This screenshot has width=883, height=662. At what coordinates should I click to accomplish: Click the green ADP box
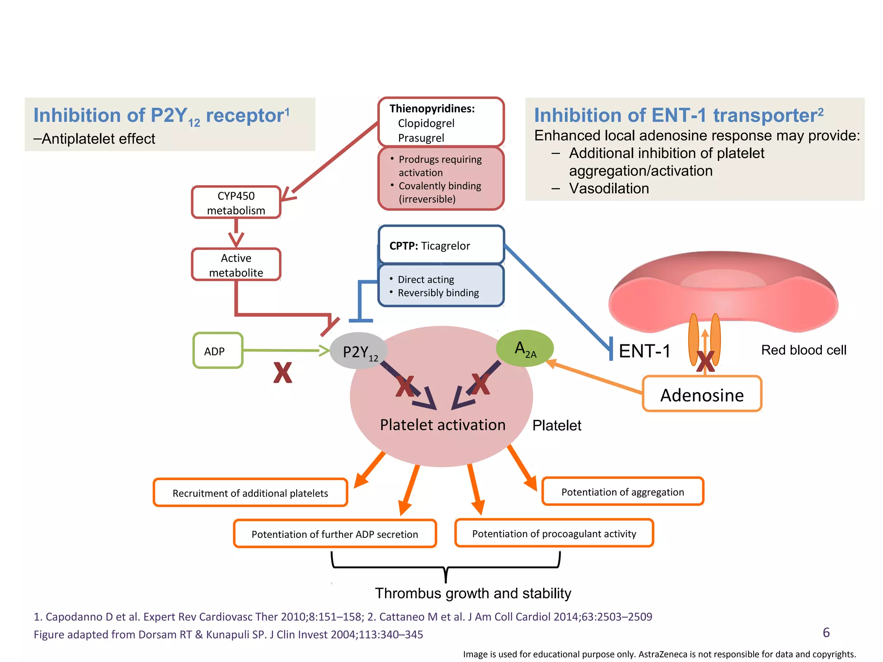click(218, 351)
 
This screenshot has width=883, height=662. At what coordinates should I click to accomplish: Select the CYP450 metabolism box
click(236, 203)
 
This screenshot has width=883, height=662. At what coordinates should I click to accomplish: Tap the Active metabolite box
click(236, 265)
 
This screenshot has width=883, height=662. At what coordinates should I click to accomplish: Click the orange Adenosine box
click(702, 394)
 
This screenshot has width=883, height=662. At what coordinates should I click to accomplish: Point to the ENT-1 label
click(645, 351)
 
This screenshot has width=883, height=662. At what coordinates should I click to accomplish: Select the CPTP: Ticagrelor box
click(441, 245)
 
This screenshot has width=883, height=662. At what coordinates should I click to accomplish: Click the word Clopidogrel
click(426, 123)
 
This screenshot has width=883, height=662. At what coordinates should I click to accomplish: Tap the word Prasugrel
click(421, 138)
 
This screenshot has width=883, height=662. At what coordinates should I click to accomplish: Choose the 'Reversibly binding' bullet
click(438, 293)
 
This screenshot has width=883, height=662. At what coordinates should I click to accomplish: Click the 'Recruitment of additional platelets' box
click(250, 493)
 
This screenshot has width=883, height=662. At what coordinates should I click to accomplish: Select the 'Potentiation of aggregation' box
click(623, 492)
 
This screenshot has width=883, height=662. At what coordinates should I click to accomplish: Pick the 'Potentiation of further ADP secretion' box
click(335, 534)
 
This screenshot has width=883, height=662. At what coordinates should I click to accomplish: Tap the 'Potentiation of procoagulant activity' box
click(554, 534)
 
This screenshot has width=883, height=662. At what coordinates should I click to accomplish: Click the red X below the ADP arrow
click(282, 373)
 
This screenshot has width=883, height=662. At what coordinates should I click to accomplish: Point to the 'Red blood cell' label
click(803, 350)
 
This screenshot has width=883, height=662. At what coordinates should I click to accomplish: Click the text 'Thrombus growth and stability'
click(473, 593)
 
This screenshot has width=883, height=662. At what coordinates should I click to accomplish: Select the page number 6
click(826, 632)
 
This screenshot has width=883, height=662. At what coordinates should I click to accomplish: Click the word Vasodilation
click(609, 188)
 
